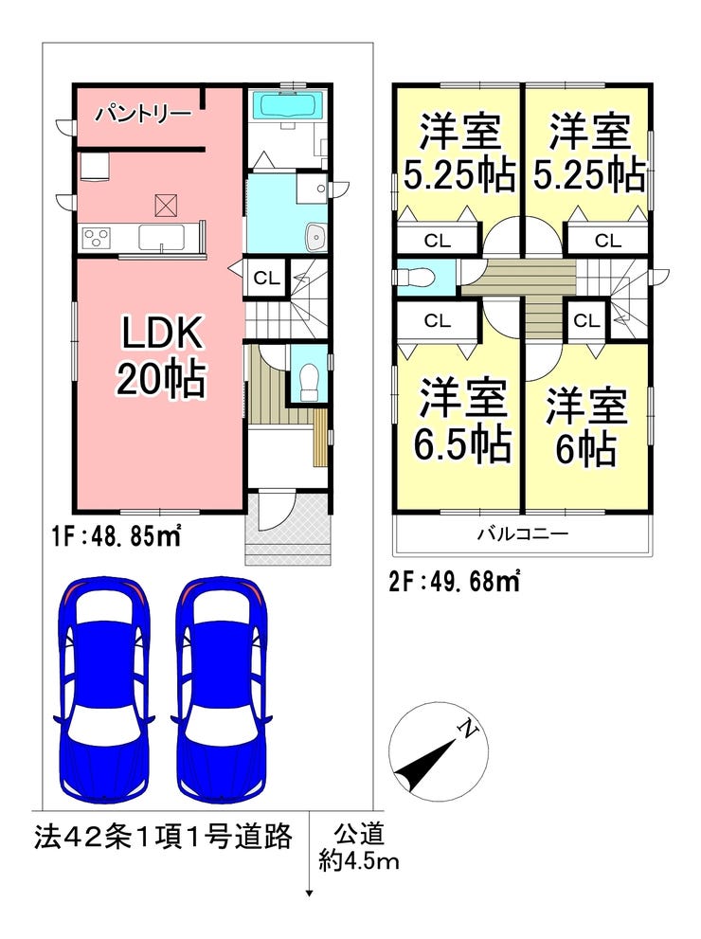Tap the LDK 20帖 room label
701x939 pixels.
point(160,355)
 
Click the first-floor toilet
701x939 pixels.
point(307,382)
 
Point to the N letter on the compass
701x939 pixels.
point(467,727)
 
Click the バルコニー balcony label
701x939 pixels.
point(522,533)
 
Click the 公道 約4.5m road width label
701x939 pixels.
point(359,847)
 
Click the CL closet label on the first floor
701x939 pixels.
point(266,279)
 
